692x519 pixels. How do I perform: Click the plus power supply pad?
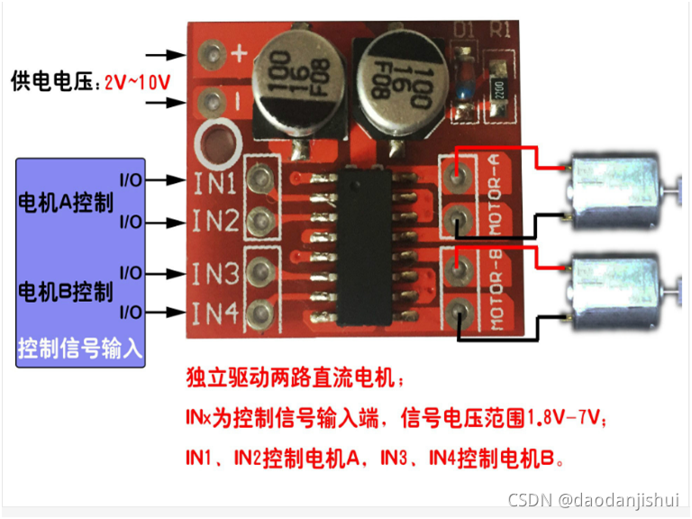click(x=214, y=53)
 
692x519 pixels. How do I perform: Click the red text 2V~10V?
click(x=138, y=82)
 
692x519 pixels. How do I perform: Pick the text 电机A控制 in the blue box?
click(x=66, y=201)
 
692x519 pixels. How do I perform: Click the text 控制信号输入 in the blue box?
click(x=80, y=347)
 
